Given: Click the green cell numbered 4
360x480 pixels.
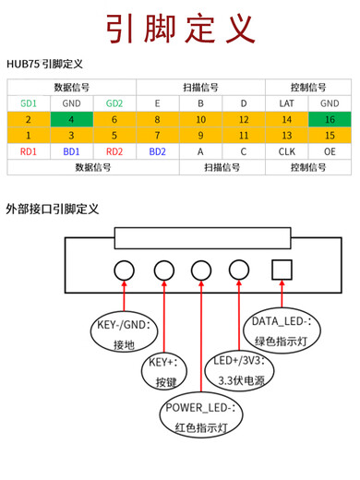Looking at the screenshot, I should [x=71, y=119].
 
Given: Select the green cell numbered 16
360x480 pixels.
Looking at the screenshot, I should [x=330, y=119].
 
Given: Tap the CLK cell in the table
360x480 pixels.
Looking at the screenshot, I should [x=286, y=150].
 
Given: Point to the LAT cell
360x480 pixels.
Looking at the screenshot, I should [x=286, y=103].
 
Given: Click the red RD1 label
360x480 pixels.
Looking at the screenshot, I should [x=29, y=150].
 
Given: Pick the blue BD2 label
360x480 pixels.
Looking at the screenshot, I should [x=158, y=150].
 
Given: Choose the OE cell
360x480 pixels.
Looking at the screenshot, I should [x=330, y=150].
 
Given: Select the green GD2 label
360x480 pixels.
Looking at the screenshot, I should [x=114, y=103].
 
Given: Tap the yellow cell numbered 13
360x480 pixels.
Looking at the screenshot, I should [x=286, y=135].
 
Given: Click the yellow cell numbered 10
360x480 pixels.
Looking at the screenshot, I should [x=200, y=119].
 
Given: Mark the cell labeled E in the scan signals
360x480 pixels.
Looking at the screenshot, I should [x=158, y=103].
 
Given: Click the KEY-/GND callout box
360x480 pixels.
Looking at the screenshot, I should [x=123, y=335].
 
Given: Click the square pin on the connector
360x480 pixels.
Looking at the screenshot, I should [x=281, y=270].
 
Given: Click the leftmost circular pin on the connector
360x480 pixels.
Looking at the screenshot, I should [x=126, y=270].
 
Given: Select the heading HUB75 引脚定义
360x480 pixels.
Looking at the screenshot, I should [x=44, y=64].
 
